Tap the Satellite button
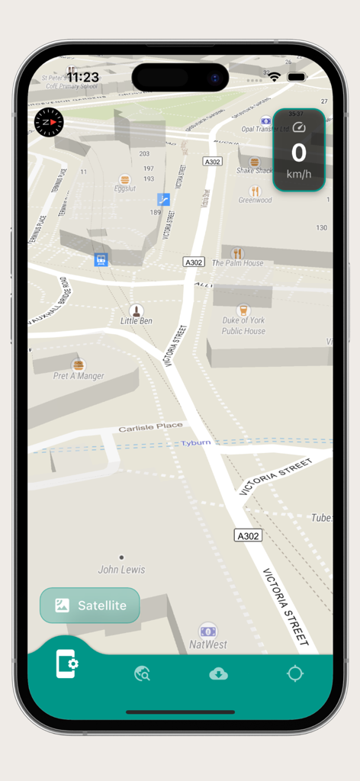click(x=90, y=606)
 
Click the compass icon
click(x=49, y=122)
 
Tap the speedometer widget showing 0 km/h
click(x=299, y=149)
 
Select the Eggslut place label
click(x=124, y=188)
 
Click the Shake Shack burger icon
click(x=255, y=162)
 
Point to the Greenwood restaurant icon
click(x=255, y=191)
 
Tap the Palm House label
click(x=237, y=263)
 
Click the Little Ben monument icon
click(x=137, y=310)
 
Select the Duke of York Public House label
click(x=244, y=326)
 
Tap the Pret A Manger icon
click(x=79, y=365)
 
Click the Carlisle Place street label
click(x=151, y=427)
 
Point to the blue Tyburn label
click(x=195, y=443)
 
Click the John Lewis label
click(x=121, y=570)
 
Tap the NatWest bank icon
click(x=207, y=631)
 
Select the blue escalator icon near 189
click(x=163, y=199)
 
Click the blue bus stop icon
click(x=101, y=260)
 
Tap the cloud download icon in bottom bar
click(x=218, y=673)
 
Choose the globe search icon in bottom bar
click(x=142, y=673)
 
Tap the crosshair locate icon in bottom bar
click(x=295, y=673)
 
